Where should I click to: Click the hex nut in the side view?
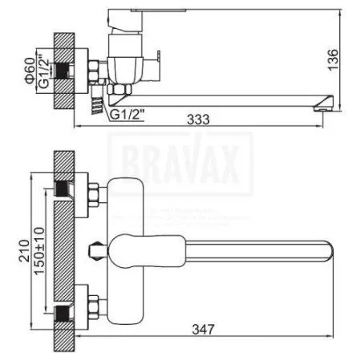pyautogui.click(x=95, y=71)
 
